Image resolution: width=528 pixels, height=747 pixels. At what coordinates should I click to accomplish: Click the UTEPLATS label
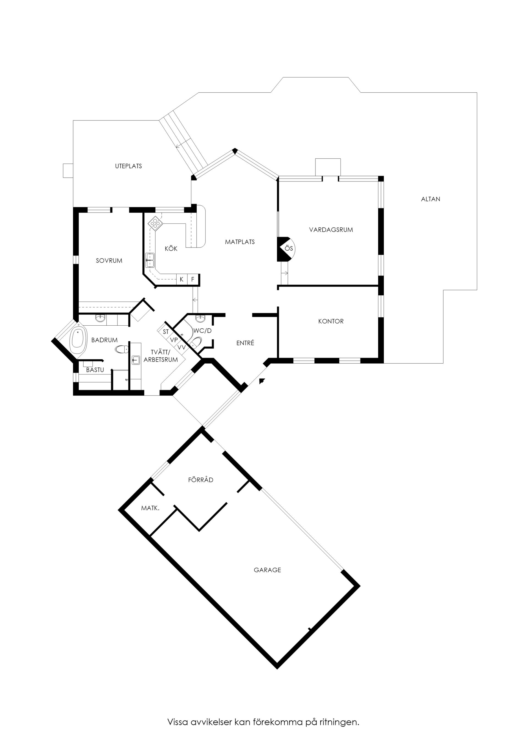coord(128,166)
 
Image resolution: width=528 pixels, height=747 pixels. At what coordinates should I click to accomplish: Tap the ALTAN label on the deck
coord(430,199)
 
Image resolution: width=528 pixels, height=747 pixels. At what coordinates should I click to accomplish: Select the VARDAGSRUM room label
coord(331,230)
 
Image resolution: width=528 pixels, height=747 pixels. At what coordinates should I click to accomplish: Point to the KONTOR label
coord(331,322)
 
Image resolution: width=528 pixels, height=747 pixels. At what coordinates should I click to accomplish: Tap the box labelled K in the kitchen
coord(182,279)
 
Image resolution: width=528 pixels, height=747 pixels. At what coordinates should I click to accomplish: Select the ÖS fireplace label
coord(288,249)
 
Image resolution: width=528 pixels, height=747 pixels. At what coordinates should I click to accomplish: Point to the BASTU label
coord(95,370)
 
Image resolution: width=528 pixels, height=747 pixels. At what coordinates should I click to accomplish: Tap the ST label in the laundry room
coord(166,332)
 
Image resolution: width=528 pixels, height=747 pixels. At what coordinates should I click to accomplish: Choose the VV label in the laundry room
coord(182,347)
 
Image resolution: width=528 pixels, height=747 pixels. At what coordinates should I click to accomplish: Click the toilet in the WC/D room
coord(196,343)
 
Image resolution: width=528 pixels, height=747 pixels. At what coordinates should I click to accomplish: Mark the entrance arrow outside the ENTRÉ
coord(262,381)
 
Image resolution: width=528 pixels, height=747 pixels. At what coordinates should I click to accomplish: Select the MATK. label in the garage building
coord(150,508)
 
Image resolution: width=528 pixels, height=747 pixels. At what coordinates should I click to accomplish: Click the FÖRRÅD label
coord(201,480)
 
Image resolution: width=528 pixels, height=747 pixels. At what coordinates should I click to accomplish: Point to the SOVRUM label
coord(109,261)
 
